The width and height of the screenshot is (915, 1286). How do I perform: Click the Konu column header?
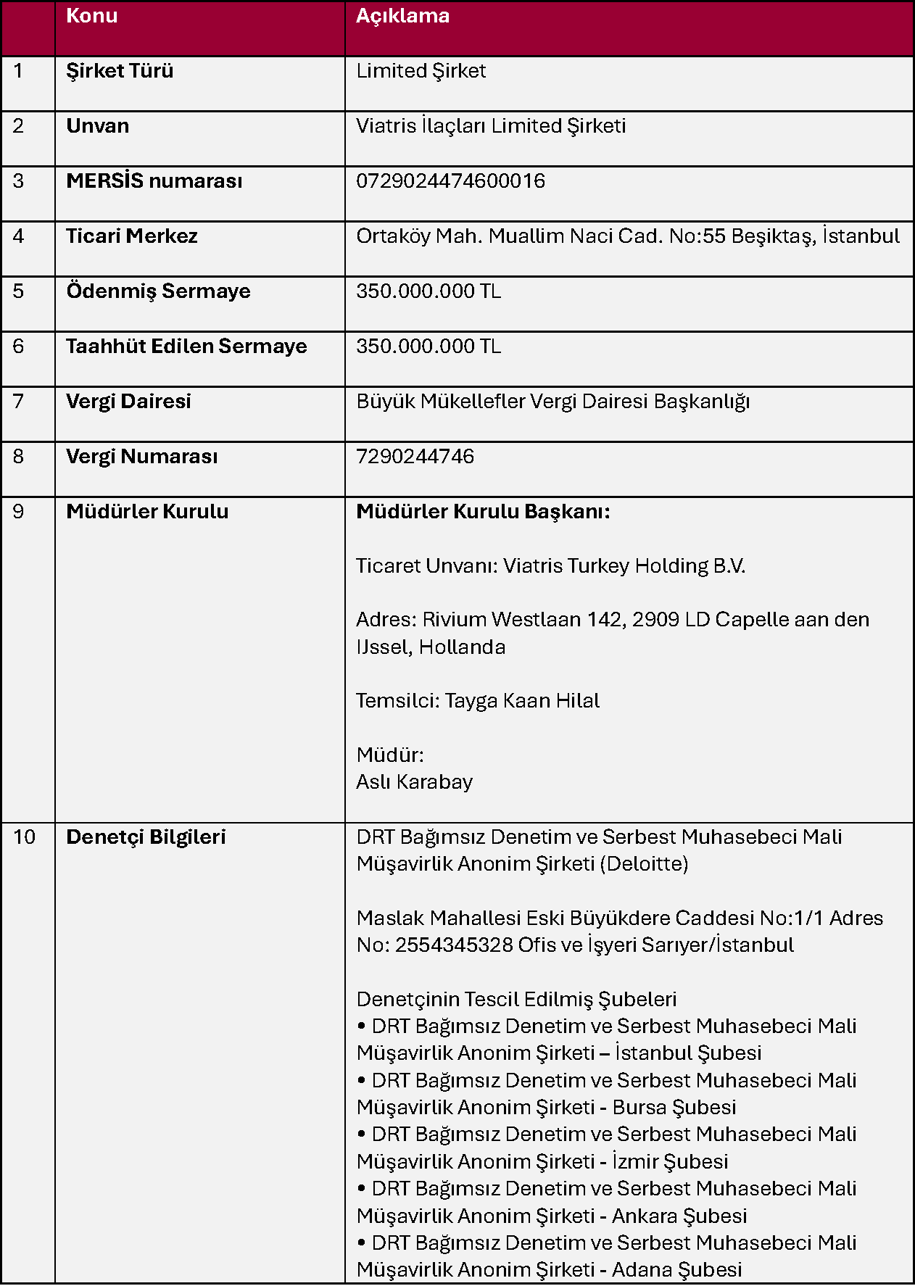click(91, 16)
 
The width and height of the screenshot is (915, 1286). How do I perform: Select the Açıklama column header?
click(402, 16)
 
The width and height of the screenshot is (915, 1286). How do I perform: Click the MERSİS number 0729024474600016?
click(450, 181)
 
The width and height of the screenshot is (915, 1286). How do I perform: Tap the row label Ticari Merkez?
click(131, 236)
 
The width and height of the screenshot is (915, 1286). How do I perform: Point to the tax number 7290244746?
click(415, 457)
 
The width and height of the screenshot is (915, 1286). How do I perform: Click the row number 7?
click(18, 402)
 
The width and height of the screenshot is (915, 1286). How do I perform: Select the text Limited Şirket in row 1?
click(421, 71)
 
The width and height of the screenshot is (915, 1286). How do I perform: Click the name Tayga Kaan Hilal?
click(522, 701)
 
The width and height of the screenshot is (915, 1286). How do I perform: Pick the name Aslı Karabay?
click(414, 782)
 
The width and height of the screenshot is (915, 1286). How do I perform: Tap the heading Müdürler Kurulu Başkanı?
click(483, 512)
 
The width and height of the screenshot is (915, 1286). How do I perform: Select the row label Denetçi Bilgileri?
click(146, 837)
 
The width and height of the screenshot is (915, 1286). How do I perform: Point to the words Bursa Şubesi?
click(674, 1108)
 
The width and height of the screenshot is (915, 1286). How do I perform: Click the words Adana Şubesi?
click(676, 1270)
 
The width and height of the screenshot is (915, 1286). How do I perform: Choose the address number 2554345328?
click(454, 945)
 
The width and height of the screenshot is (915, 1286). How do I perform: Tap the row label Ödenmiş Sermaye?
click(158, 291)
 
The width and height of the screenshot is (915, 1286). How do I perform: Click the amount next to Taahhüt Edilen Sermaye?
click(428, 347)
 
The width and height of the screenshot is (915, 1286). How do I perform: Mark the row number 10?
click(24, 837)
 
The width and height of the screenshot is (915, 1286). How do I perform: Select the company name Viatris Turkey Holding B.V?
click(624, 566)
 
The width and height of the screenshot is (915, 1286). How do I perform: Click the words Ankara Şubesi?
click(679, 1216)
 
